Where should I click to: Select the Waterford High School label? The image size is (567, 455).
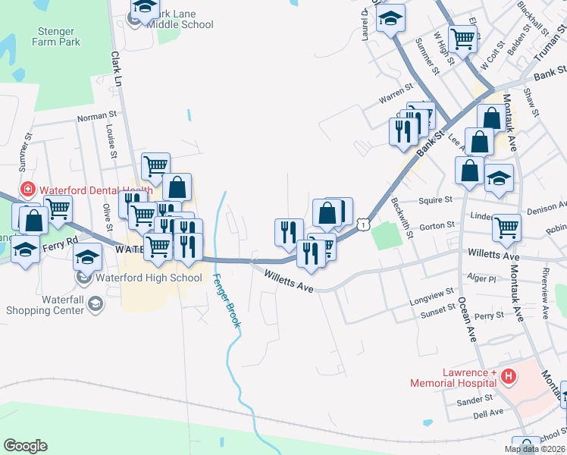click(x=149, y=278)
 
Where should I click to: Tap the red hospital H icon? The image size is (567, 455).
click(x=509, y=375)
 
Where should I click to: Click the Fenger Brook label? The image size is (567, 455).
click(x=227, y=300)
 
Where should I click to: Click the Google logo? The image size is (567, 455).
click(x=25, y=446)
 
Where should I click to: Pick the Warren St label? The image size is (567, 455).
click(x=395, y=98)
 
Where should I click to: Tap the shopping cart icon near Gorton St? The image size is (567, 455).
click(x=506, y=226)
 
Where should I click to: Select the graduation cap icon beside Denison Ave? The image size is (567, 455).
click(x=498, y=179)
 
